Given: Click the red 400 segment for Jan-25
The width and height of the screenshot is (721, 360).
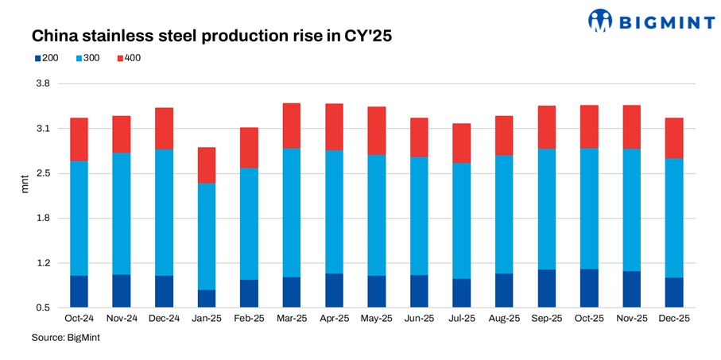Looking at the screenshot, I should pos(207,165).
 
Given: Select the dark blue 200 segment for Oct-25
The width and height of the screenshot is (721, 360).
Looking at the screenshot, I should pos(589,288).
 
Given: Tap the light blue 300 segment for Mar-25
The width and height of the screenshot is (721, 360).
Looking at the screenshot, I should pos(292,212).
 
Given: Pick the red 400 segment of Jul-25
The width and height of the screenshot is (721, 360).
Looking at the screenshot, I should pos(462,143).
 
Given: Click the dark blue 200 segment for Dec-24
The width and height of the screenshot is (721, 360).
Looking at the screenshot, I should pos(164,291).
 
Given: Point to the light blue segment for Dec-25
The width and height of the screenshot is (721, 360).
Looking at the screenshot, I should pos(674,218).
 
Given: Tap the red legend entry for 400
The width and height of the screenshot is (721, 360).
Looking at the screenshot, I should pos(128,58).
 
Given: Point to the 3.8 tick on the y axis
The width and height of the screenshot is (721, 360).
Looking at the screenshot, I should pos(43,83).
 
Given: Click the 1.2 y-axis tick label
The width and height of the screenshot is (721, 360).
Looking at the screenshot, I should pos(43,263).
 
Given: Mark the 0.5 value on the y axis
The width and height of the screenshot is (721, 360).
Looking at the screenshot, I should pos(43,308).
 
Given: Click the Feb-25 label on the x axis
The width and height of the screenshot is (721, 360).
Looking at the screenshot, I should pos(249,319).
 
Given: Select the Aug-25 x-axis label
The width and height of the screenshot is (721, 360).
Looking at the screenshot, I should pos(504,319).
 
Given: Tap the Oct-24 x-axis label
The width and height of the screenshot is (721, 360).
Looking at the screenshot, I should pos(79,319).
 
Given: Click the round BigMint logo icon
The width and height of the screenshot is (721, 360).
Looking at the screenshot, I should pos(601,21).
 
